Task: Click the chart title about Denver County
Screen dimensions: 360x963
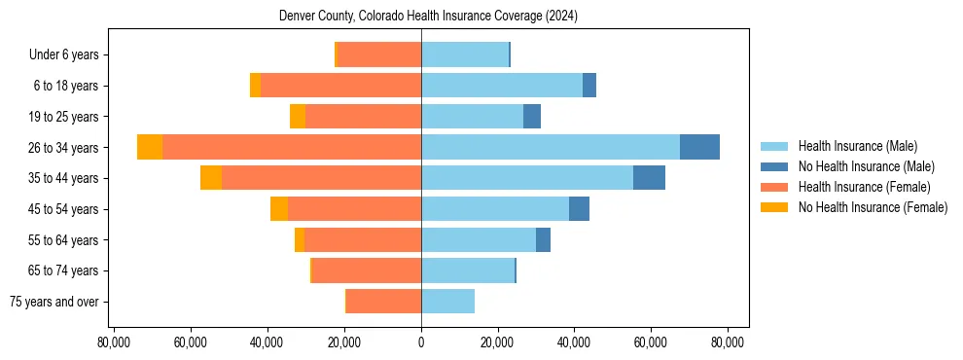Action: [421, 17]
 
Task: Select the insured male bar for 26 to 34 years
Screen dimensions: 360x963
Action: [551, 147]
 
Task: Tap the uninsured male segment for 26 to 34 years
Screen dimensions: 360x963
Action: [699, 147]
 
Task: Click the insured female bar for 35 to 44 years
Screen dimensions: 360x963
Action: [321, 178]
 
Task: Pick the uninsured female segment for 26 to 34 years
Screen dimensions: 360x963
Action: [150, 147]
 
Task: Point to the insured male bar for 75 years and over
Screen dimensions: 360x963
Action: [447, 302]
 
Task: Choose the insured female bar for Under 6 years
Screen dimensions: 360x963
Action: [378, 54]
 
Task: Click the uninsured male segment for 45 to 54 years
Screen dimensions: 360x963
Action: [579, 209]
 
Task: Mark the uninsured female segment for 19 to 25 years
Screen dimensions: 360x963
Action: [298, 117]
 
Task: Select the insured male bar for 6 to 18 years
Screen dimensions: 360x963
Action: [502, 86]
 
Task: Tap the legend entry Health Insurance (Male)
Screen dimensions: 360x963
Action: [857, 146]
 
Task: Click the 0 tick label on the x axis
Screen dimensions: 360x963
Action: [421, 342]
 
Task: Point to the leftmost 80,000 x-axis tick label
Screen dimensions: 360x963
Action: [114, 342]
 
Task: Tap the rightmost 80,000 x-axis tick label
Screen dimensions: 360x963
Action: [728, 342]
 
